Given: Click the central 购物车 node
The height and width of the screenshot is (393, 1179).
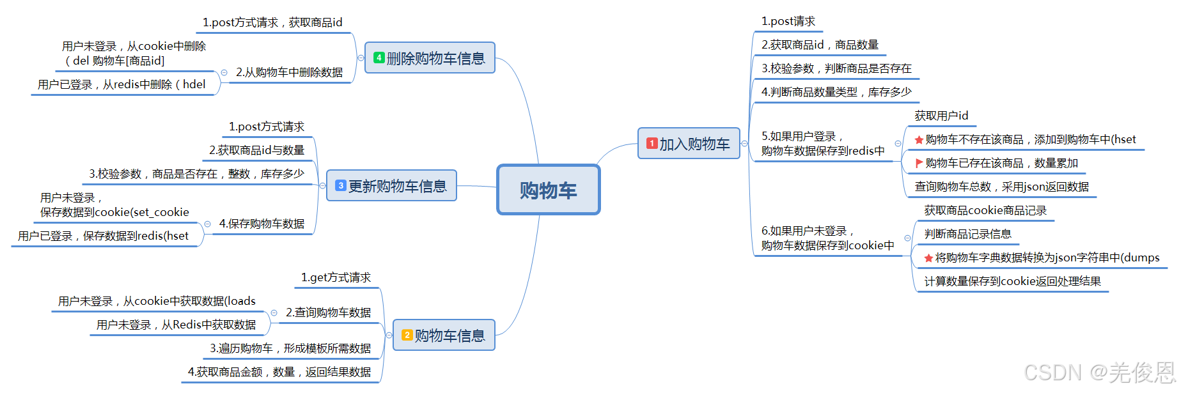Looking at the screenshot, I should [x=548, y=190].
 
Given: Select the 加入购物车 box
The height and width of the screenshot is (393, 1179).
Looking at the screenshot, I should [x=689, y=144].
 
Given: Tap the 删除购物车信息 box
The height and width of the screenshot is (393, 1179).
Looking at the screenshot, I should [x=430, y=58].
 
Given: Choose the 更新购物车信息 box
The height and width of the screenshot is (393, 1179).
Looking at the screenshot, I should [x=391, y=186].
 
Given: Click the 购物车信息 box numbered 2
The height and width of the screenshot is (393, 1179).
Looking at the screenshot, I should [x=444, y=335].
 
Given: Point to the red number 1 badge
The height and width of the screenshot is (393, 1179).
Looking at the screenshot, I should [x=652, y=144].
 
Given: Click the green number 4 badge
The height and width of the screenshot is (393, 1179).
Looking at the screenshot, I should [x=379, y=58].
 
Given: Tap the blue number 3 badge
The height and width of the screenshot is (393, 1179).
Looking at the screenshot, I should [x=341, y=186].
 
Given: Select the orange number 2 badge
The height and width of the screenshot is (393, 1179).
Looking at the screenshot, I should [x=407, y=335].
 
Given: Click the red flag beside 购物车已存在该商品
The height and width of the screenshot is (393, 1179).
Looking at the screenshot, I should [x=919, y=163].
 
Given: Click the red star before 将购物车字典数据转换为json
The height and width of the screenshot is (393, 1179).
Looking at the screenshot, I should [x=928, y=258].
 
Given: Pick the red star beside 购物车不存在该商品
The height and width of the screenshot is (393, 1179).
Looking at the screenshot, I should [x=919, y=140].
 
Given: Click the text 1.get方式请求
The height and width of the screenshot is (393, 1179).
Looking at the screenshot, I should [x=336, y=277].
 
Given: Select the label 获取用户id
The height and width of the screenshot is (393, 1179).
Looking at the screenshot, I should [x=941, y=116].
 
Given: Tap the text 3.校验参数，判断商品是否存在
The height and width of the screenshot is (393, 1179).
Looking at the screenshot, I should [x=836, y=68].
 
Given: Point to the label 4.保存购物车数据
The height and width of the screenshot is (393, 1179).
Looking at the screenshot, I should [x=262, y=224].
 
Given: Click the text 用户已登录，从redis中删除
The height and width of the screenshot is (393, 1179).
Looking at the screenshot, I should [x=121, y=84].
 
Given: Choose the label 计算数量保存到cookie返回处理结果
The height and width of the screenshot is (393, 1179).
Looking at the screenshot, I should [x=1012, y=281].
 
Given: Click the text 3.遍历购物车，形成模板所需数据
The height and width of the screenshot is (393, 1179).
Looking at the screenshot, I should [x=290, y=348].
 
